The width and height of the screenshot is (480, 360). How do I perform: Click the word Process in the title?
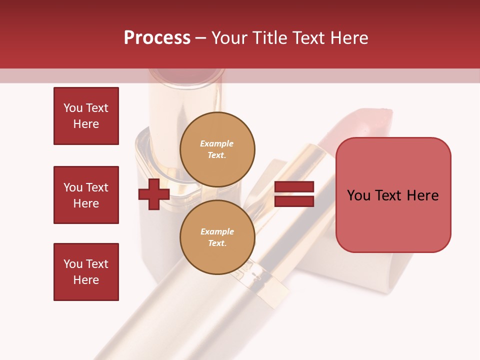pos(157,38)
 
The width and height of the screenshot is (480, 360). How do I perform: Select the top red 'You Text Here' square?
pos(86,116)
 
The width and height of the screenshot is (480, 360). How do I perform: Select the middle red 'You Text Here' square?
pos(86,195)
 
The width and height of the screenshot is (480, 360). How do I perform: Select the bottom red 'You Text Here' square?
pos(86,272)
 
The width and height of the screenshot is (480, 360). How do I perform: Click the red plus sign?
pos(154,195)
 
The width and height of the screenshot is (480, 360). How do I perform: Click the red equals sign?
pos(294,194)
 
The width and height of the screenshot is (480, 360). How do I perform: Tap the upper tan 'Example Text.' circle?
pos(217,149)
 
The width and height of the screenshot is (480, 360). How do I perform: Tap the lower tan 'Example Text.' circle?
pos(217,237)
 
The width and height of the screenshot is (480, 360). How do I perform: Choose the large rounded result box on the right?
pos(393,195)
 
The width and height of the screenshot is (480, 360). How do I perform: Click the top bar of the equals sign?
pos(294,187)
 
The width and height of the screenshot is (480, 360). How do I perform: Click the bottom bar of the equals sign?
pos(294,201)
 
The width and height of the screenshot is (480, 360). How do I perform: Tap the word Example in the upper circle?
pos(217,144)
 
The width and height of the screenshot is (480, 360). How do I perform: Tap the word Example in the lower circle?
pos(217,232)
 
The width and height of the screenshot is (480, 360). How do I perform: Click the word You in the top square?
pos(73,108)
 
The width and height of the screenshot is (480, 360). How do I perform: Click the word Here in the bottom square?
pos(86,280)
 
